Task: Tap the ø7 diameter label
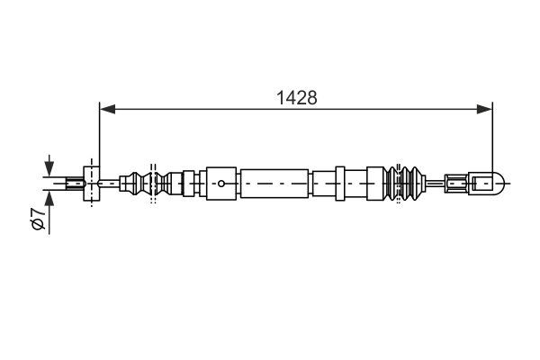(x=37, y=220)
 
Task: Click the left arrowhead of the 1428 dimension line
(x=106, y=109)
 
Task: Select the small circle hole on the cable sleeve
(x=221, y=184)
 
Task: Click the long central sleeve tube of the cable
(x=275, y=184)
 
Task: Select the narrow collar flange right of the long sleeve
(x=340, y=184)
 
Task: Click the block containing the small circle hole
(x=221, y=184)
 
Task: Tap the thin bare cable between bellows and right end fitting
(x=437, y=184)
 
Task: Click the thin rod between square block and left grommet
(x=110, y=184)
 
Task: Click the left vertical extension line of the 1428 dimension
(x=98, y=135)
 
